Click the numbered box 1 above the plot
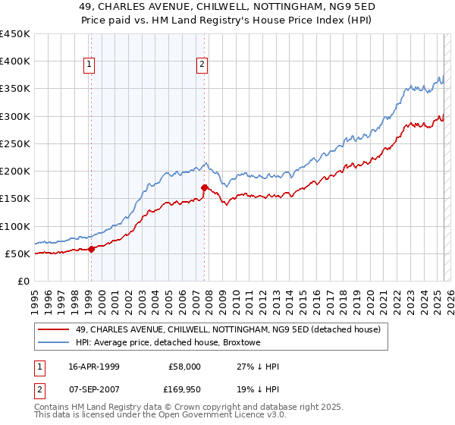point(89,65)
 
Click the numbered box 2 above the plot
point(202,65)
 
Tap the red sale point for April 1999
point(91,249)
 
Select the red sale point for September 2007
point(204,187)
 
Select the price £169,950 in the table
point(184,392)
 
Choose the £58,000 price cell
point(184,367)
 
